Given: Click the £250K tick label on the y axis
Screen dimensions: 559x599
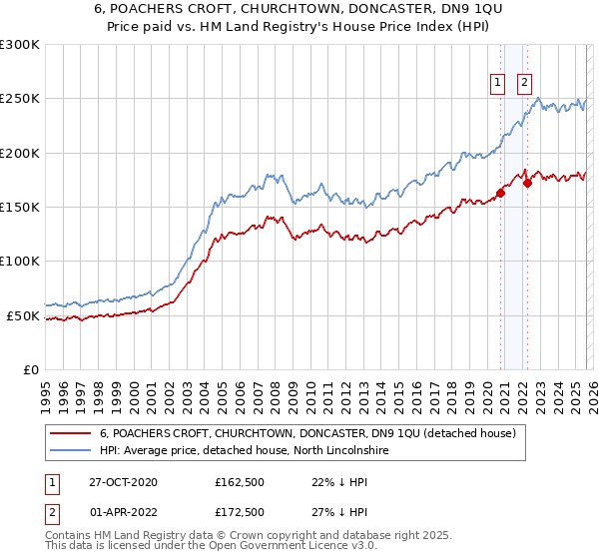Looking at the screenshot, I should (x=20, y=99).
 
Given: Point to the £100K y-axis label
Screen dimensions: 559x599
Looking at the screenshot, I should (x=20, y=262).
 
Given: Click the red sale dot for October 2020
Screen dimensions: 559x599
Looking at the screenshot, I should (x=500, y=194).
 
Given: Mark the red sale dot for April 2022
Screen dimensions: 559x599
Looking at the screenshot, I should (x=526, y=183).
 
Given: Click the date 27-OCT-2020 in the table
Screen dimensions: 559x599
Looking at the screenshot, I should (x=123, y=482).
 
